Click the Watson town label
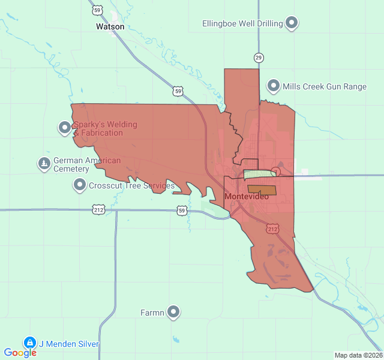tap(110, 27)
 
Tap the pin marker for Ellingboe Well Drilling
tap(292, 23)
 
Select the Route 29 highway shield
tap(259, 58)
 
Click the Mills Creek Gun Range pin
tap(274, 86)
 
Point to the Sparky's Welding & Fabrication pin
tap(65, 128)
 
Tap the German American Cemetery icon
tap(44, 164)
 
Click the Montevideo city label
tap(246, 197)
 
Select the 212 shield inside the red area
tap(273, 229)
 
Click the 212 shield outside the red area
tap(99, 209)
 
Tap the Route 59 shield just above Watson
tap(97, 10)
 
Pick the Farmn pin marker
tap(173, 312)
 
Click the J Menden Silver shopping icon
tap(29, 343)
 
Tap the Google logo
tap(20, 353)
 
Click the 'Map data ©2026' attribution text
tap(358, 355)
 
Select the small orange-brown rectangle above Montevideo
tap(262, 189)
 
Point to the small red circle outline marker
tap(275, 172)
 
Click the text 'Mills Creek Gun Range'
tap(325, 86)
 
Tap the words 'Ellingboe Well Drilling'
tap(242, 23)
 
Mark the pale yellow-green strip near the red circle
tap(258, 175)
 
